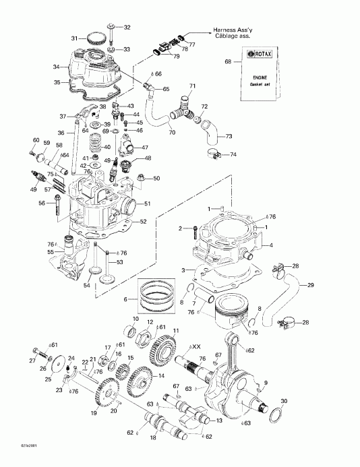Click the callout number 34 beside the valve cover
point(57,67)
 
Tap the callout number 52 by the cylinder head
point(143,222)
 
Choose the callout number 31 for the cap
point(76,38)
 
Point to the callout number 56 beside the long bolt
point(41,204)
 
